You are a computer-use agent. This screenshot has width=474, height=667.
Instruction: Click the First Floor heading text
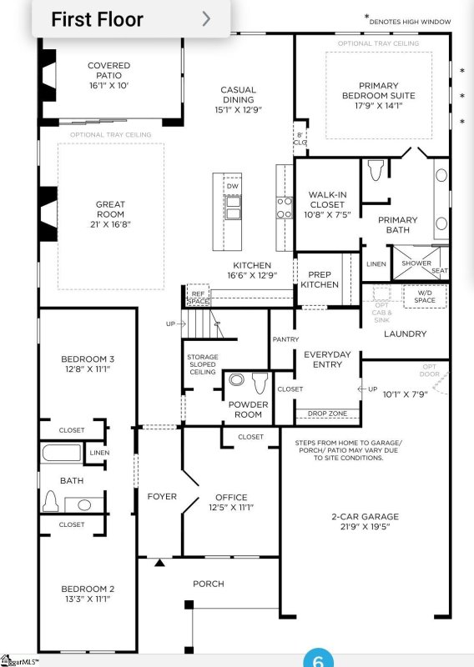97,19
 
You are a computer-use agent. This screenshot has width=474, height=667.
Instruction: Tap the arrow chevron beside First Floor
206,18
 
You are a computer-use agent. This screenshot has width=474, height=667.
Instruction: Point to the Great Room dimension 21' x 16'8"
110,224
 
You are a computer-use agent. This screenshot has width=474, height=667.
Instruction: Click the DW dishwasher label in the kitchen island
232,186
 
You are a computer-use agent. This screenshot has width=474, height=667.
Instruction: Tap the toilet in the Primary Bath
375,171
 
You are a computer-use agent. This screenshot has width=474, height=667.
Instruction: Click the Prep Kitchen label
320,279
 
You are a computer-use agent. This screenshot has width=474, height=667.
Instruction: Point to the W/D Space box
425,295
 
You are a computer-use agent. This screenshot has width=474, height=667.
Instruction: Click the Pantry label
285,339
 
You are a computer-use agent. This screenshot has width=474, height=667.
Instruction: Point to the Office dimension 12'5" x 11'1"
231,507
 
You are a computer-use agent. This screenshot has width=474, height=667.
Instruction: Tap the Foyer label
161,496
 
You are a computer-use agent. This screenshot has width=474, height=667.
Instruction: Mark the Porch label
208,584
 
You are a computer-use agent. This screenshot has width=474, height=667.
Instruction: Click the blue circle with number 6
318,659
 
